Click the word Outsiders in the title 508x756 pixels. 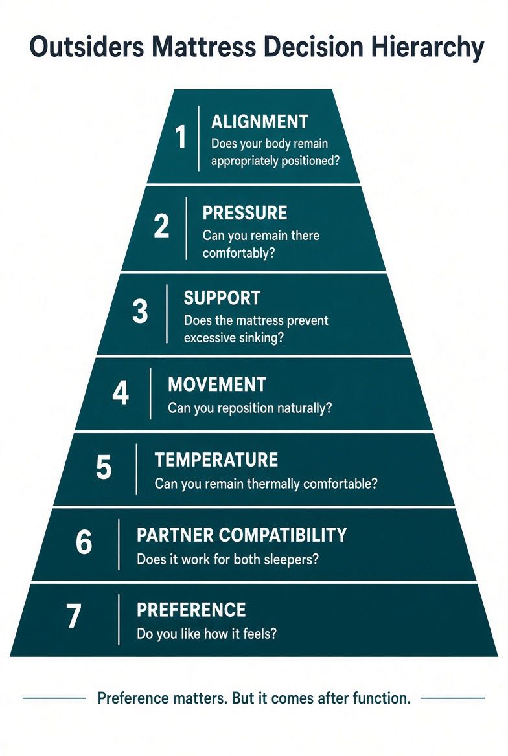click(x=87, y=47)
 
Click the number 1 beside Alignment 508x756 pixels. click(x=181, y=137)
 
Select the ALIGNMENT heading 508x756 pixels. click(x=260, y=122)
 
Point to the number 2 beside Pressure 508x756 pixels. click(x=162, y=225)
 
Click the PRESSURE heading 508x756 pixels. click(x=245, y=213)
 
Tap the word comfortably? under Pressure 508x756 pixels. click(x=238, y=253)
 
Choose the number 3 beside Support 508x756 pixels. click(x=140, y=311)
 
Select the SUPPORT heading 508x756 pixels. click(x=222, y=298)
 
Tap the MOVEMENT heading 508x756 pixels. click(x=217, y=384)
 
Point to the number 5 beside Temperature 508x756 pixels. click(x=104, y=467)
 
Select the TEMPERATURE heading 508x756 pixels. click(x=216, y=460)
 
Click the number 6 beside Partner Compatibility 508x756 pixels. click(x=84, y=542)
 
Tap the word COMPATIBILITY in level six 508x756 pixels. click(x=283, y=535)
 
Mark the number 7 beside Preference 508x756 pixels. click(x=73, y=617)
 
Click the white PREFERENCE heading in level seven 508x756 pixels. click(x=191, y=610)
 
